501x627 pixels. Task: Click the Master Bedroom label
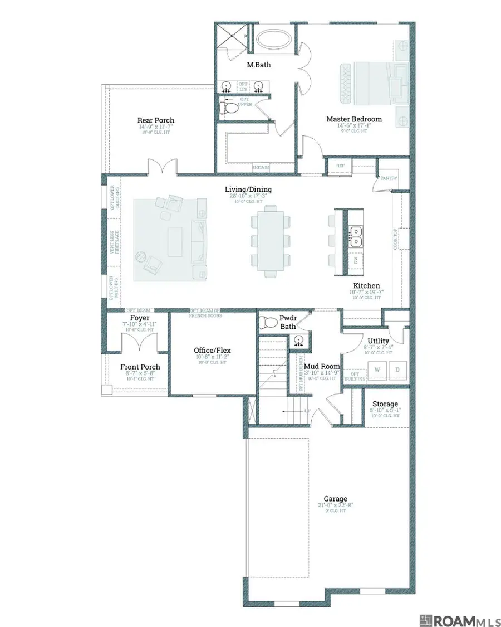(x=354, y=119)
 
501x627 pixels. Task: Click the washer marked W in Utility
(x=377, y=369)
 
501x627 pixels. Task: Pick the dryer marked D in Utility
(x=398, y=369)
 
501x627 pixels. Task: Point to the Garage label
(x=336, y=499)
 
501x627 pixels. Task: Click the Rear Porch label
(x=156, y=120)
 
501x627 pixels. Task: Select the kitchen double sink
(x=355, y=236)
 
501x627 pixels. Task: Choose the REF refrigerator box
(x=340, y=166)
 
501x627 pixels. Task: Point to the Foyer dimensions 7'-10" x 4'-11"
(x=140, y=324)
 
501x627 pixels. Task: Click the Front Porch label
(x=140, y=367)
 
